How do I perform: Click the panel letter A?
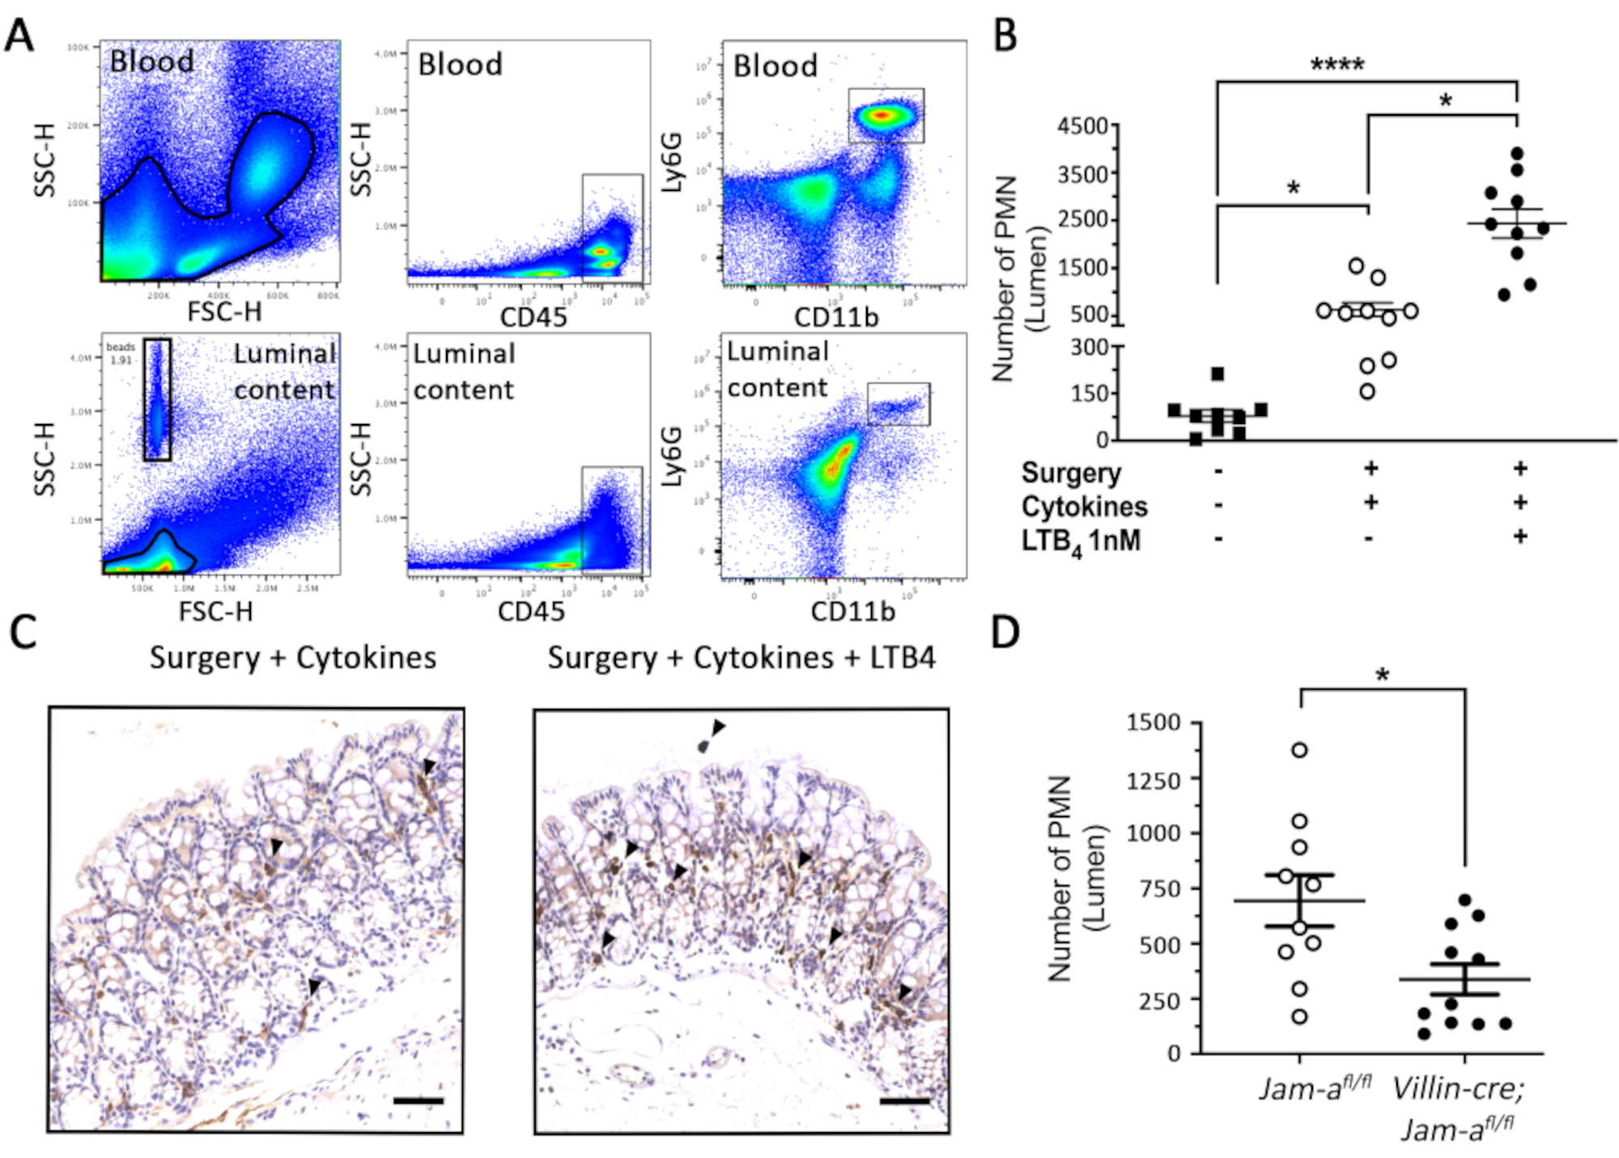[19, 36]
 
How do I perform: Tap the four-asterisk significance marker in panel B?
[1337, 66]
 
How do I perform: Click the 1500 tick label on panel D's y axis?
[1153, 722]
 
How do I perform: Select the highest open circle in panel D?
[1299, 750]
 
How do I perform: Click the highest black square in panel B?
[1217, 374]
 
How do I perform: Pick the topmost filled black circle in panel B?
[1517, 153]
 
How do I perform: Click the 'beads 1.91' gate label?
[121, 354]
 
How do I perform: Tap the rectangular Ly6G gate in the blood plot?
[886, 116]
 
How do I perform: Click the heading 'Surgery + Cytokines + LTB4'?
[741, 657]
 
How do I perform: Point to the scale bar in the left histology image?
[418, 1101]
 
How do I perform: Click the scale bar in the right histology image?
[904, 1101]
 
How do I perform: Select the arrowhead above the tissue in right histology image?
[717, 727]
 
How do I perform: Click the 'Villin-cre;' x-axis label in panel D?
[1457, 1089]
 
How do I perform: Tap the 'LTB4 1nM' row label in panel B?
[1080, 540]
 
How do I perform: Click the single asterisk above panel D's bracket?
[1383, 675]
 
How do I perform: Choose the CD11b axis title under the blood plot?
[835, 317]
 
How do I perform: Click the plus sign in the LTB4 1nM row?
[1519, 536]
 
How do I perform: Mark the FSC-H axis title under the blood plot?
[224, 312]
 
